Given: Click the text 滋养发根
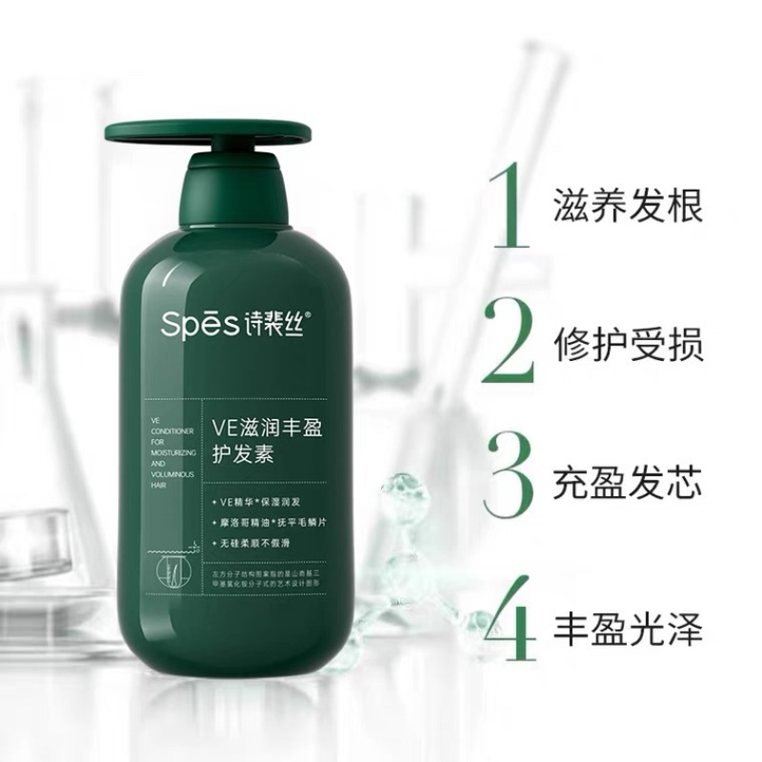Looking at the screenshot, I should (627, 206).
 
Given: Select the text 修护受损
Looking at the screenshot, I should (627, 343).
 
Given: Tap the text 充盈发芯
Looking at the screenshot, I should (627, 481).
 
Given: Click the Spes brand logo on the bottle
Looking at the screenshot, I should (190, 323).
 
